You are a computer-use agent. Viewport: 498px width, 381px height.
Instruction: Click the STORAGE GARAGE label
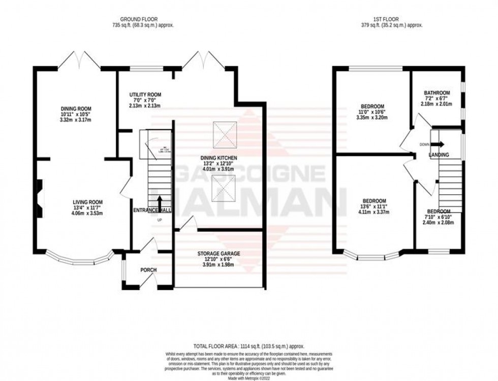click(219, 253)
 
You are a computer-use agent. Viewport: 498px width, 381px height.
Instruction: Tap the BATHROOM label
click(437, 93)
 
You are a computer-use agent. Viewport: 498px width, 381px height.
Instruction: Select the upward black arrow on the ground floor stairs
click(160, 201)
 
